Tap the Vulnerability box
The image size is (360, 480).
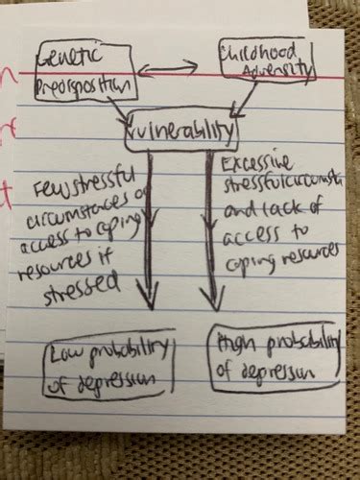pos(181,131)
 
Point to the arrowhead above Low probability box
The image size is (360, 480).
pos(149,293)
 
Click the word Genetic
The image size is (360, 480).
pos(70,59)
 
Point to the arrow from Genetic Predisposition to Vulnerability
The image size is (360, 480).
pos(123,113)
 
